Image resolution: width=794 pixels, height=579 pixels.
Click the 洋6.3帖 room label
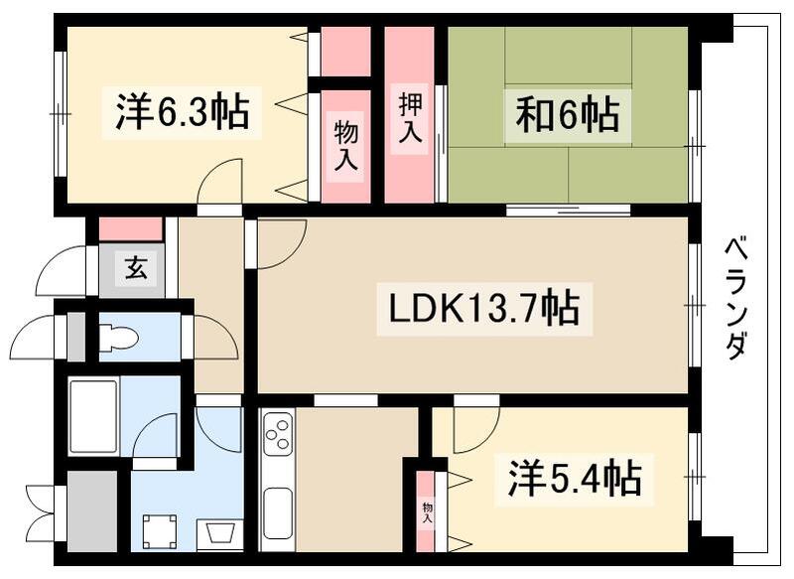pos(181,112)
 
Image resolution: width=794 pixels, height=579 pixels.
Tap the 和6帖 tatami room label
pos(567,114)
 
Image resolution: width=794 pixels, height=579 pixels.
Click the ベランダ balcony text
pos(735,298)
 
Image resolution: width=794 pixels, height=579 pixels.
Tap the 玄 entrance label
pos(132,268)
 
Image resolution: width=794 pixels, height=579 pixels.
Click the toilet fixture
pos(119,338)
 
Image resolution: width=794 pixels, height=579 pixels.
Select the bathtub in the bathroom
pos(94,415)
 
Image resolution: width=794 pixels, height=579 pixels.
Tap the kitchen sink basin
pos(277,510)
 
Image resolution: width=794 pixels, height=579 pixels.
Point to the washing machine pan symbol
pos(158,532)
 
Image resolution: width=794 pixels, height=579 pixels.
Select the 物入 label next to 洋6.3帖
pos(345,146)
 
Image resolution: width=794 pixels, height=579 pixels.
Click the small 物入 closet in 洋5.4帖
pos(427,511)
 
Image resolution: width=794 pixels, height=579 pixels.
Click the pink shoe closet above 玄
pos(131,228)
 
